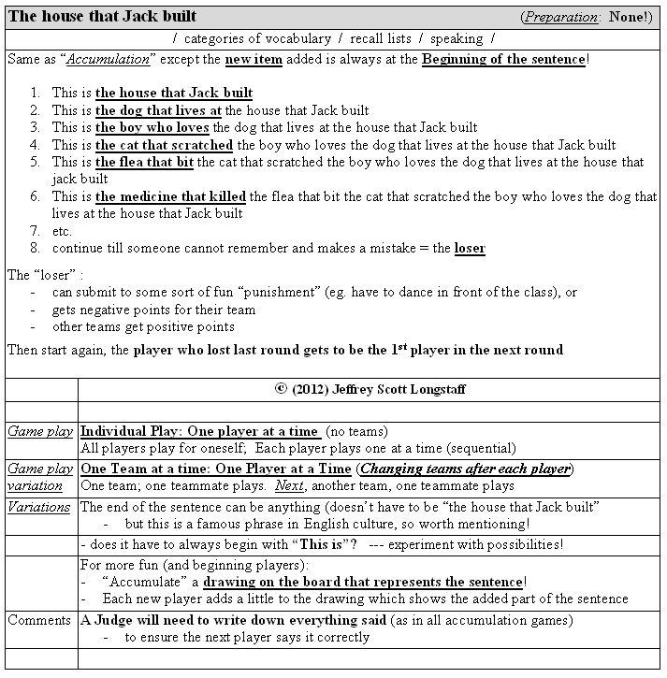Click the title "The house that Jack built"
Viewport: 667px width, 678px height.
pos(102,17)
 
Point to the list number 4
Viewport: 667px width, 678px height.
pos(35,145)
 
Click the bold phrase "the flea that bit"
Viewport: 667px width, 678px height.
pos(144,162)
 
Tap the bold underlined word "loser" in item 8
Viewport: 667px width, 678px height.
pos(470,248)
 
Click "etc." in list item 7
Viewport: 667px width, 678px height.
pos(62,231)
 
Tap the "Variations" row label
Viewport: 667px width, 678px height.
pos(39,507)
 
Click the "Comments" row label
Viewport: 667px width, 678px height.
pos(39,620)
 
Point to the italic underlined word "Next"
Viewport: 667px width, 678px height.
pos(289,486)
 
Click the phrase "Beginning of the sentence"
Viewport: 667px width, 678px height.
pos(503,59)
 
